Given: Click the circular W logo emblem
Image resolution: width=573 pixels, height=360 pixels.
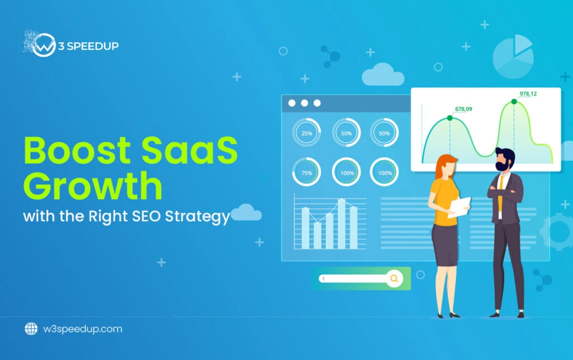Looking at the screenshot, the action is point(44,45).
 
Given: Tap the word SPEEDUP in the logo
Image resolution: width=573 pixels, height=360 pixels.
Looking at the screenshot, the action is point(92,46).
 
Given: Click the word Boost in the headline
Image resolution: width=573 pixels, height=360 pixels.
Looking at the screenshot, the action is point(77,150).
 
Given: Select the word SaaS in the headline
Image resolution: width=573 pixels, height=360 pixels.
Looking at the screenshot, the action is point(189,150).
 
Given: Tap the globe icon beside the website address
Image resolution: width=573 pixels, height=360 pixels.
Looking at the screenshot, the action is point(31,329).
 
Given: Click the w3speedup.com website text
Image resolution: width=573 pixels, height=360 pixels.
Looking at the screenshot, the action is point(83,329).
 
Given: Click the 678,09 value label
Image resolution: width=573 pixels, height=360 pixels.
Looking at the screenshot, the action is point(463,109).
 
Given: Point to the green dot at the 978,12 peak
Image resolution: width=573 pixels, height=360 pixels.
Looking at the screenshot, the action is point(514,101).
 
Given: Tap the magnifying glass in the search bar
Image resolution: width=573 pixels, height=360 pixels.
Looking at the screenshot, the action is point(394,278).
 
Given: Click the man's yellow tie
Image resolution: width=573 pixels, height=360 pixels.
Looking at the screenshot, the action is point(501,192).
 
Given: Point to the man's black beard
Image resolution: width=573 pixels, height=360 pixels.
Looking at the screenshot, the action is point(501,165).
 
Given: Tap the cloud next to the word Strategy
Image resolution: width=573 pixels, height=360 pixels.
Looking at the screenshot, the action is point(246,212).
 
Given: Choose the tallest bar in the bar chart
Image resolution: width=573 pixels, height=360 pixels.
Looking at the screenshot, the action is point(341,224).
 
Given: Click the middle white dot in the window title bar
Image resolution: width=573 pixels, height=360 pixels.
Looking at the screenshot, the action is point(304,103).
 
